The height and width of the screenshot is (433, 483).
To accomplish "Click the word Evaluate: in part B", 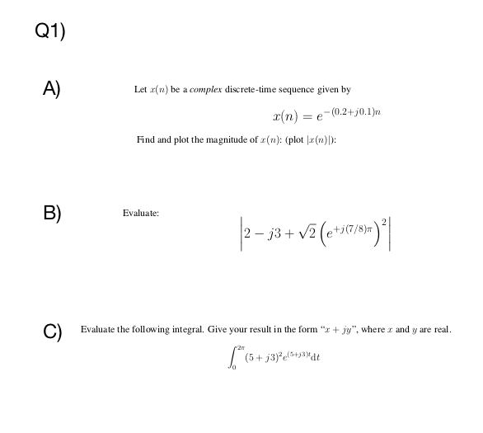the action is coord(142,212).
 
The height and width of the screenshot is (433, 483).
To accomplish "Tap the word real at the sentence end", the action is coord(442,330).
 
